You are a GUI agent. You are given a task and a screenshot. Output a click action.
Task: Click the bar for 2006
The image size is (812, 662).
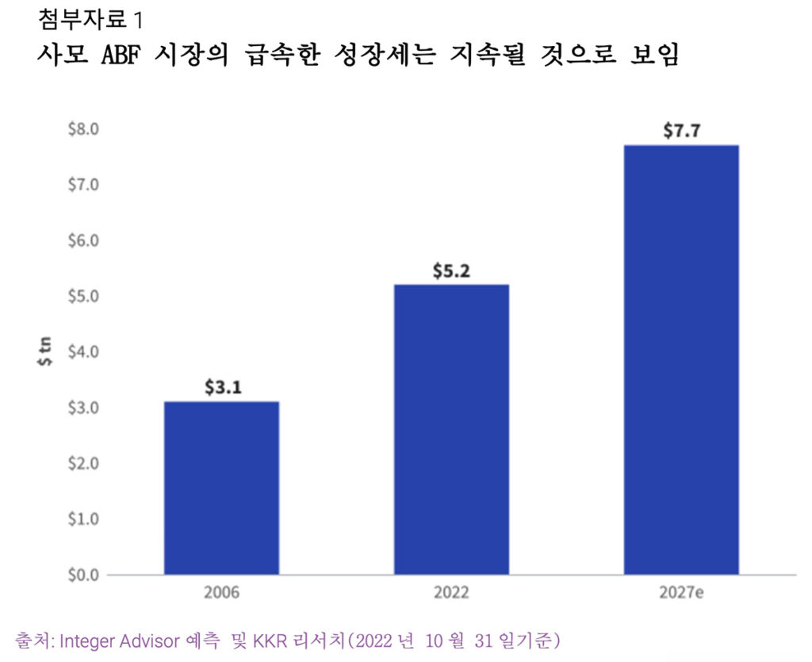(x=221, y=488)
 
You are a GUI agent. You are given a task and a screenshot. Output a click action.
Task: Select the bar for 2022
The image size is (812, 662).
(x=451, y=429)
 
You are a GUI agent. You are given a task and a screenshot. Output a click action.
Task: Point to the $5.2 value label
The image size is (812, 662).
(x=451, y=271)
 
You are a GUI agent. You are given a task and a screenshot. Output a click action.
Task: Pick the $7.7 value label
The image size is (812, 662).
(x=681, y=131)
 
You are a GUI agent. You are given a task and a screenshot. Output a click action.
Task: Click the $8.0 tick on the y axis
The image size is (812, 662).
(x=82, y=128)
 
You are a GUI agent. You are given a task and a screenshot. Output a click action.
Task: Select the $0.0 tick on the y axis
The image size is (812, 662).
(x=82, y=574)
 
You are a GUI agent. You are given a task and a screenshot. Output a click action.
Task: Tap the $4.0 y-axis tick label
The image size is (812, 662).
(x=82, y=351)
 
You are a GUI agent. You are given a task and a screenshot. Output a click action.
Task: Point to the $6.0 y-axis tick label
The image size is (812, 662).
(x=82, y=240)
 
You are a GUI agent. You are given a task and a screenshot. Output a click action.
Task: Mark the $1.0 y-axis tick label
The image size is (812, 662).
(x=82, y=519)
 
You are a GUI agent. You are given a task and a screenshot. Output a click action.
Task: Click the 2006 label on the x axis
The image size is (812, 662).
(x=221, y=593)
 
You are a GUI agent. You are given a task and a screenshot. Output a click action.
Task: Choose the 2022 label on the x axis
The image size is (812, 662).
(x=451, y=593)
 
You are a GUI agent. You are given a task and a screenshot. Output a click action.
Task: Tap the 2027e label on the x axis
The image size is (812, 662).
(x=681, y=593)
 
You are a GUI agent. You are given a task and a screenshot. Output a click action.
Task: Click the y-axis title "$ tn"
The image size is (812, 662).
(x=46, y=351)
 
